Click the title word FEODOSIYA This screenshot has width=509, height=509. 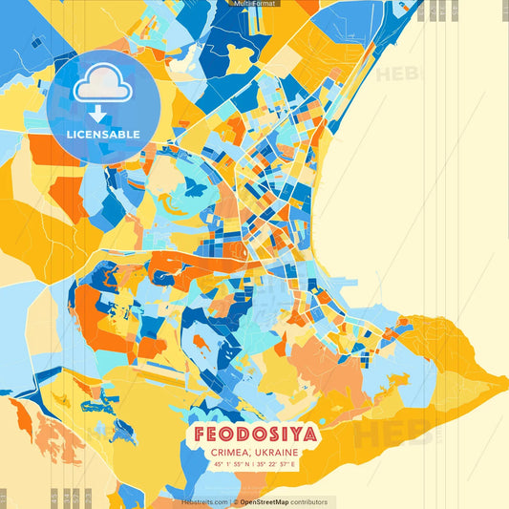pyautogui.click(x=254, y=435)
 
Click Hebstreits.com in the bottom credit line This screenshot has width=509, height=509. pyautogui.click(x=203, y=501)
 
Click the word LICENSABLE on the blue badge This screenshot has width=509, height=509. pyautogui.click(x=103, y=135)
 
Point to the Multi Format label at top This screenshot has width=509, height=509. pyautogui.click(x=253, y=4)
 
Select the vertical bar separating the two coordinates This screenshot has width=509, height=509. pyautogui.click(x=254, y=463)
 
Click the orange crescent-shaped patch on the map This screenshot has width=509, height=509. pyautogui.click(x=176, y=205)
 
